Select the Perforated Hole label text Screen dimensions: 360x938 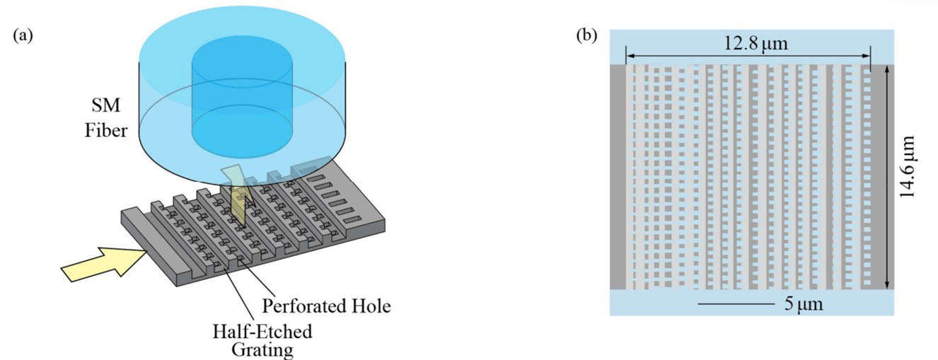click(x=327, y=307)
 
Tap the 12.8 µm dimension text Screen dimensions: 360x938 click(x=755, y=44)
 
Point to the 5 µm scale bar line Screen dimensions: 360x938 click(x=736, y=304)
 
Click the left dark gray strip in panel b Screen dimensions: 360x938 click(x=618, y=177)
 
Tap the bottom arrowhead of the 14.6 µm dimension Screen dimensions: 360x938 click(x=886, y=284)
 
